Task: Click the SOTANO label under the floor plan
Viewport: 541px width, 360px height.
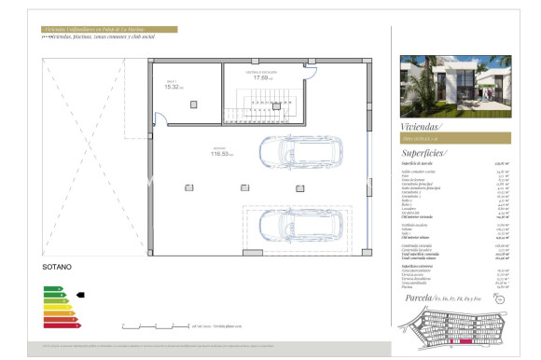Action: pos(56,267)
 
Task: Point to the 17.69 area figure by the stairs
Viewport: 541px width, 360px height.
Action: pos(264,77)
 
